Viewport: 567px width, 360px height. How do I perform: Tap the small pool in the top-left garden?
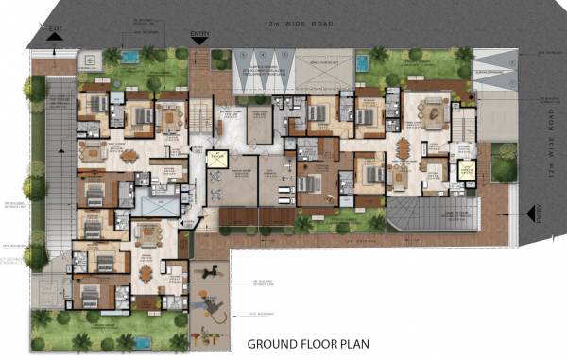tap(129, 58)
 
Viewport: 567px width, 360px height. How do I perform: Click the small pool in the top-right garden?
tap(363, 62)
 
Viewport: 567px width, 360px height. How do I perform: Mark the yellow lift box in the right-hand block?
tap(465, 170)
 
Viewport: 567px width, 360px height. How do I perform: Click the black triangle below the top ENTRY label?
tap(199, 43)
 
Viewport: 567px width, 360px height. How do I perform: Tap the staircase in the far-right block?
tap(464, 123)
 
